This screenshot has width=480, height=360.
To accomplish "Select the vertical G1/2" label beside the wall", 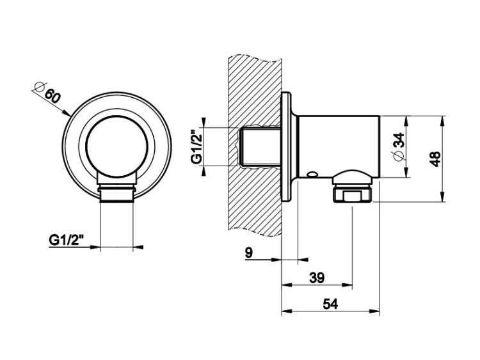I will tap(197, 146).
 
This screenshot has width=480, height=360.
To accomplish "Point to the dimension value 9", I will tap(249, 253).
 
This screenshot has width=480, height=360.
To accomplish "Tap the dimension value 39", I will tap(317, 278).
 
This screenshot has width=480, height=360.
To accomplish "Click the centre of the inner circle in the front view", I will tap(117, 146).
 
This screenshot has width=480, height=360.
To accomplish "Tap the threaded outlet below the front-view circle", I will tap(117, 192).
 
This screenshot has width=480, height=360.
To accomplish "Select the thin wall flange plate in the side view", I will tap(287, 146).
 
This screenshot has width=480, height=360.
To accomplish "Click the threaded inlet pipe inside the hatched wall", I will tap(259, 146).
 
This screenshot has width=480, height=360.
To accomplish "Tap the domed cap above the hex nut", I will tap(353, 176).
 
